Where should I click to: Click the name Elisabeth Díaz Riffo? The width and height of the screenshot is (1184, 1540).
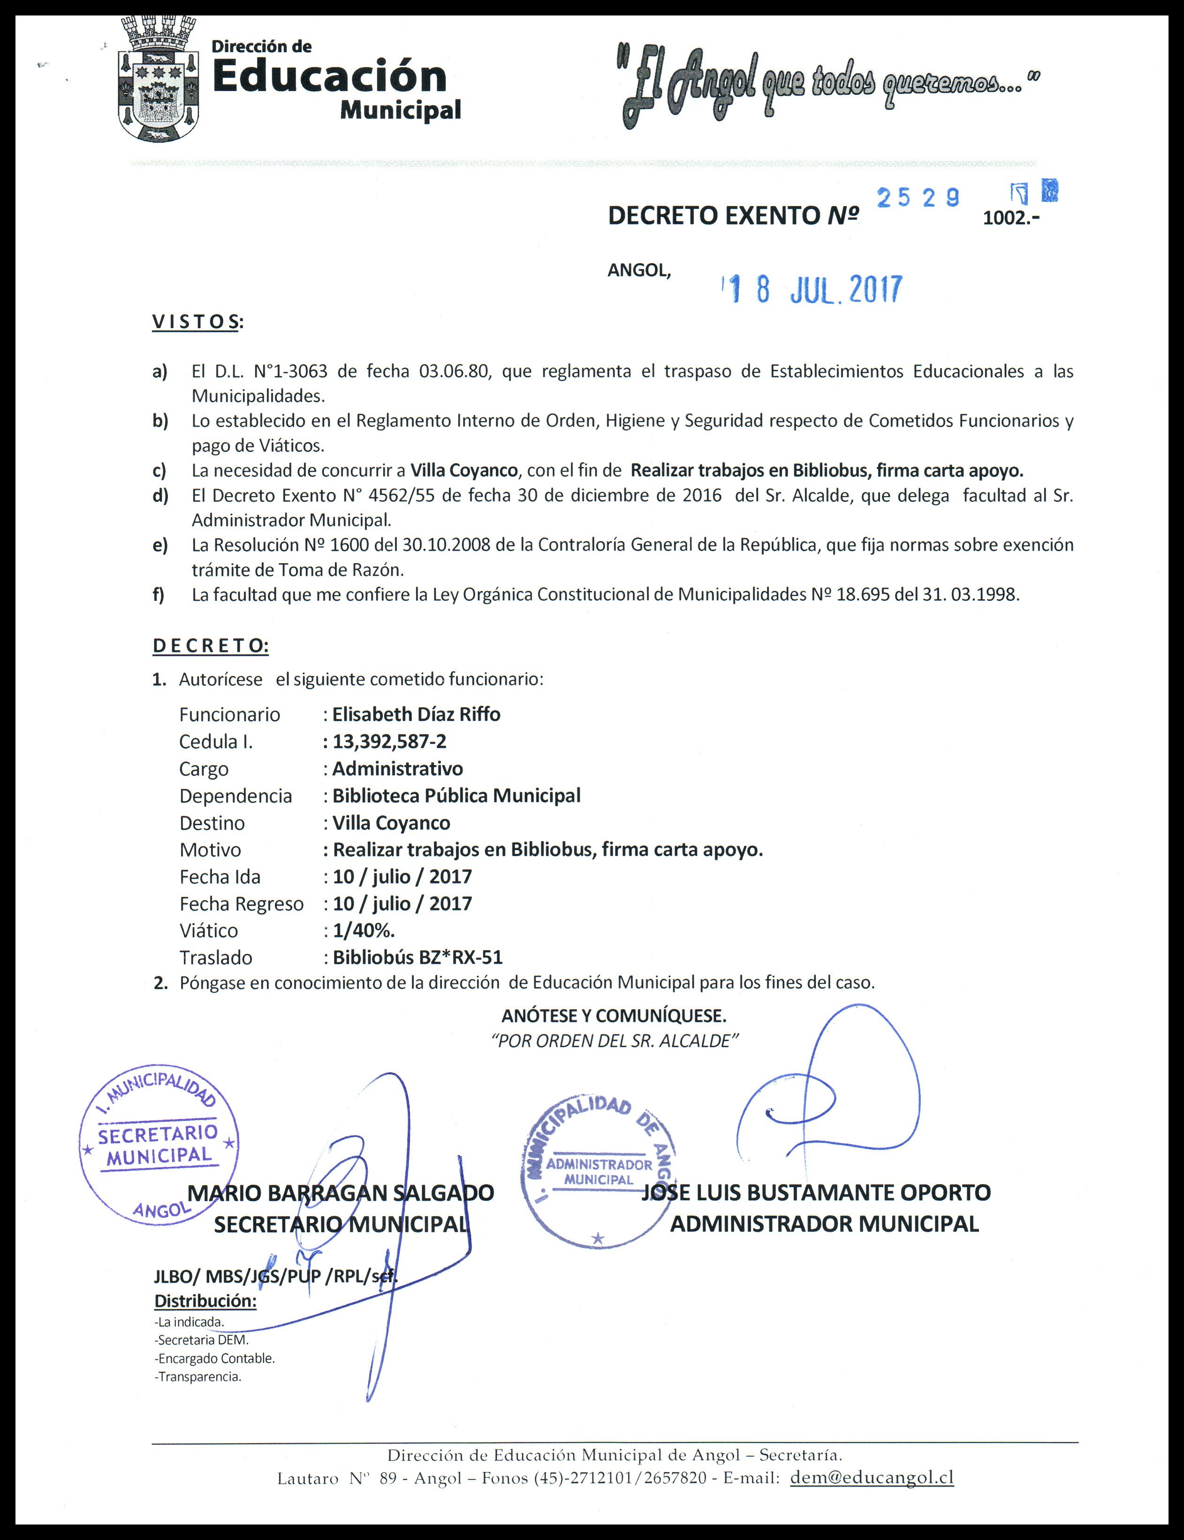(x=416, y=714)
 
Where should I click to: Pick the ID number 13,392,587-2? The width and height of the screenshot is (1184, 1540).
(x=389, y=741)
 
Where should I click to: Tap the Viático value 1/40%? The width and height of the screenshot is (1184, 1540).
(x=364, y=930)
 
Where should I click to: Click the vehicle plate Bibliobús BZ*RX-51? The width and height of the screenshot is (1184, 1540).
(x=417, y=957)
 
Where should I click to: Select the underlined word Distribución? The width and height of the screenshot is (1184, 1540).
(x=205, y=1301)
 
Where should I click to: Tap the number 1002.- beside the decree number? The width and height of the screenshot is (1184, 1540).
(x=1010, y=218)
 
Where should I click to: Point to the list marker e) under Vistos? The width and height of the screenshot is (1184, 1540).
(x=160, y=545)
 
